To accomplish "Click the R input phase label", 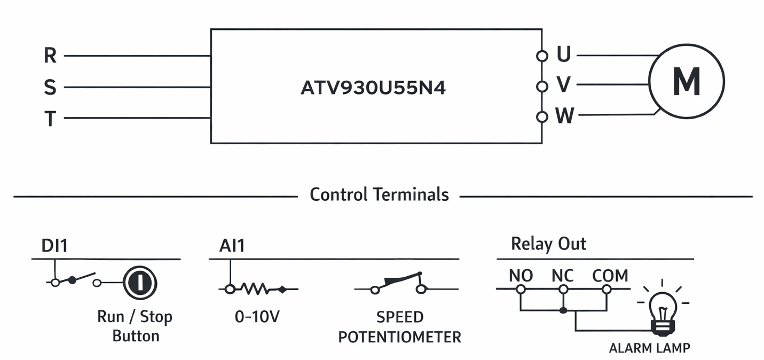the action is click(x=50, y=55).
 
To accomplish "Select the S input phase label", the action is click(x=50, y=87).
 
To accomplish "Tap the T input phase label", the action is click(x=50, y=119).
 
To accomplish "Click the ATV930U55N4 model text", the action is click(x=373, y=88).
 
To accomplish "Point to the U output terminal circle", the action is click(x=542, y=56).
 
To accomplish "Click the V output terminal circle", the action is click(x=542, y=87).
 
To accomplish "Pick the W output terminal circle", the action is click(x=542, y=117).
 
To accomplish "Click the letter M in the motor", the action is click(x=687, y=82).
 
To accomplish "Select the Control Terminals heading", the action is click(x=379, y=194).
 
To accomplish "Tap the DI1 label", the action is click(x=54, y=246).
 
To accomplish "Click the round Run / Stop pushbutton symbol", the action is click(x=140, y=283).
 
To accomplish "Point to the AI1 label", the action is click(x=232, y=246).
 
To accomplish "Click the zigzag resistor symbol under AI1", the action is click(x=255, y=289).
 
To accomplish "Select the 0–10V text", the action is click(x=257, y=317).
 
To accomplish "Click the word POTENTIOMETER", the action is click(x=400, y=337).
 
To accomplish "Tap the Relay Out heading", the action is click(x=548, y=244).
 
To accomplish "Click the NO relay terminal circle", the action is click(x=521, y=289).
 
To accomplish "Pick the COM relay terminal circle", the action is click(x=607, y=289).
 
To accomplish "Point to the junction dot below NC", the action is click(x=563, y=310).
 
